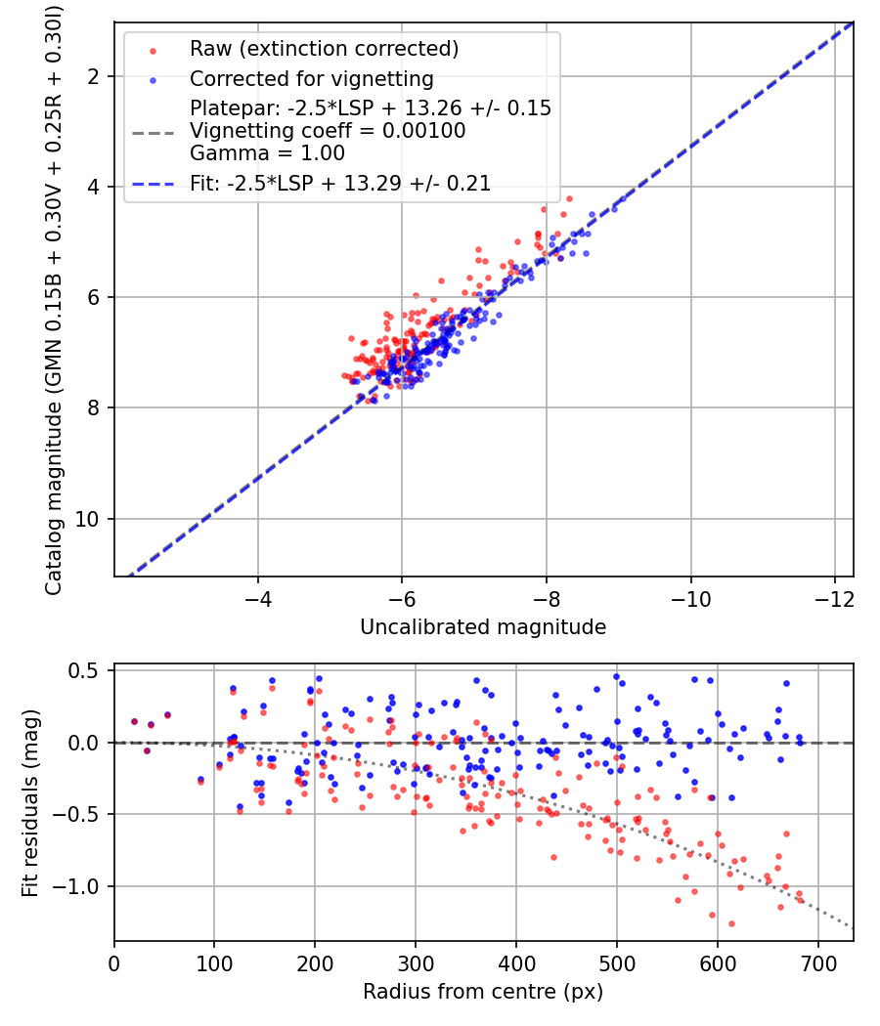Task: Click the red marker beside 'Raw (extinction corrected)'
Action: point(153,51)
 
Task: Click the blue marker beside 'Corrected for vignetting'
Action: point(153,80)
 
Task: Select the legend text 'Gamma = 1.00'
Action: point(267,153)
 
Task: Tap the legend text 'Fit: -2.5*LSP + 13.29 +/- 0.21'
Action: point(340,184)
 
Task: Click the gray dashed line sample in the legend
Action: point(154,133)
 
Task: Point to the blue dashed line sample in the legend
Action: point(154,185)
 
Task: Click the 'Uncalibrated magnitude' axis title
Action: point(483,627)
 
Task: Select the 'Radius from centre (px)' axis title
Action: point(483,992)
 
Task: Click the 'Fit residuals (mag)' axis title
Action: point(30,803)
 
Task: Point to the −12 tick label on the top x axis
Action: point(834,599)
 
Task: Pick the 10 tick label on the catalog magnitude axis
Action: point(86,519)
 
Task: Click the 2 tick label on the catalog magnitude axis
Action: point(93,76)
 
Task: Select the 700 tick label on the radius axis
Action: point(818,963)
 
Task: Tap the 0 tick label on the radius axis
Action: point(114,963)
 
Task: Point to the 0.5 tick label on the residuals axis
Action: point(83,671)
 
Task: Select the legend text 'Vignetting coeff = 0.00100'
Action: point(328,130)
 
